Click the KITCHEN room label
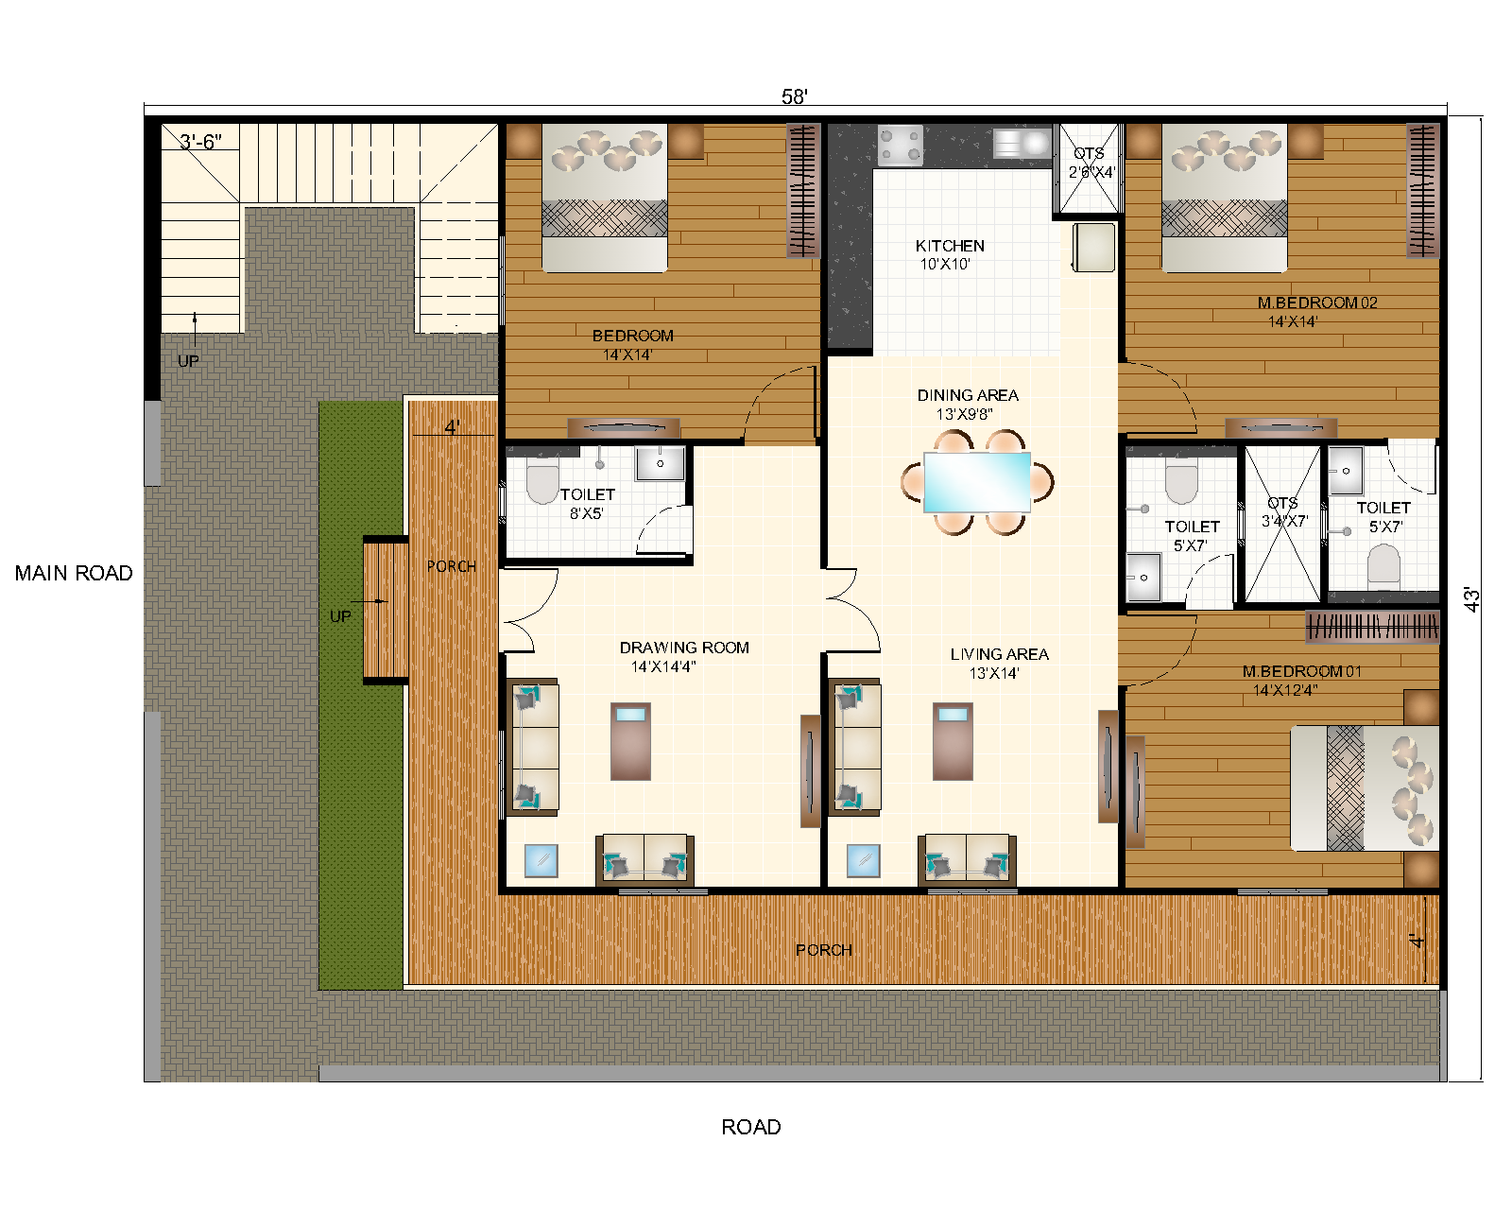(950, 246)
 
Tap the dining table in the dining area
(977, 482)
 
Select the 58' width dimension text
(794, 96)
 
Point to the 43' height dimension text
(1471, 599)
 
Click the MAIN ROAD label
(74, 573)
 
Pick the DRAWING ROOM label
(684, 648)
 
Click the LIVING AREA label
(999, 654)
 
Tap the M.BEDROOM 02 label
(1317, 302)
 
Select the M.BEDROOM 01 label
(1301, 671)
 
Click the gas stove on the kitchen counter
(900, 145)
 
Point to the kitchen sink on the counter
(1022, 143)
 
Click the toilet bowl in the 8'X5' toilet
(542, 483)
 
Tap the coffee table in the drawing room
(630, 741)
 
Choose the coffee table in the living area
(953, 741)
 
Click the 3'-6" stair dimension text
(200, 142)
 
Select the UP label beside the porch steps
(340, 616)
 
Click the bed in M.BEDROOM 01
(1366, 788)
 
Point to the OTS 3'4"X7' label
(1282, 511)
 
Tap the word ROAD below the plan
(750, 1127)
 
